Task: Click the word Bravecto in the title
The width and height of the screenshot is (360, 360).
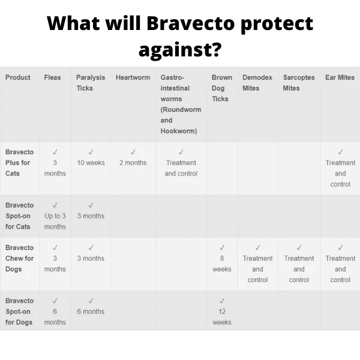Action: click(x=191, y=23)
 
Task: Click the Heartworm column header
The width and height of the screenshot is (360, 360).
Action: click(x=133, y=77)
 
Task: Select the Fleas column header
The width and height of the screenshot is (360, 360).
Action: click(x=52, y=77)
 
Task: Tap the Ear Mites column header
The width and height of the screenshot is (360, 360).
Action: click(x=340, y=77)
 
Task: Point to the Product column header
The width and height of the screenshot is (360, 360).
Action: click(x=18, y=77)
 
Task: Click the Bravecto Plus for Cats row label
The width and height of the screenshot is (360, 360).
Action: click(x=20, y=163)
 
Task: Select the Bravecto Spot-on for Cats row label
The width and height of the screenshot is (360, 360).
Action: click(x=20, y=216)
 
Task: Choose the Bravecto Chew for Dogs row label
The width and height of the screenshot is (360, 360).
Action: click(x=20, y=258)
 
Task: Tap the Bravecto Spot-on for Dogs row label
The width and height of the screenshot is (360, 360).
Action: click(x=20, y=311)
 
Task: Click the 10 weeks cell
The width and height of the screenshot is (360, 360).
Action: click(x=91, y=163)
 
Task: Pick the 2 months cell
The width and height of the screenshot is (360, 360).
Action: click(x=133, y=163)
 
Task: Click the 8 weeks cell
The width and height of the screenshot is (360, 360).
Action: click(x=222, y=263)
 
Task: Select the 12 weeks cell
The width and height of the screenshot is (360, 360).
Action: click(x=222, y=317)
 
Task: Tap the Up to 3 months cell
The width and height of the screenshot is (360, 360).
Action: click(x=55, y=221)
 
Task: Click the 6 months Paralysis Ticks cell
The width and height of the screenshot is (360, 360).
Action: click(x=91, y=311)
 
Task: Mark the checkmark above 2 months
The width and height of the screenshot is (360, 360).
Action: click(x=133, y=152)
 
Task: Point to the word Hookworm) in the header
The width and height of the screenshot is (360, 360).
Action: click(x=179, y=131)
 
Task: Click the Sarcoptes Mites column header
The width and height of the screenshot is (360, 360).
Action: click(x=299, y=83)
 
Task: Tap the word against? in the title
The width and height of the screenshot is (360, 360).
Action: click(x=180, y=50)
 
